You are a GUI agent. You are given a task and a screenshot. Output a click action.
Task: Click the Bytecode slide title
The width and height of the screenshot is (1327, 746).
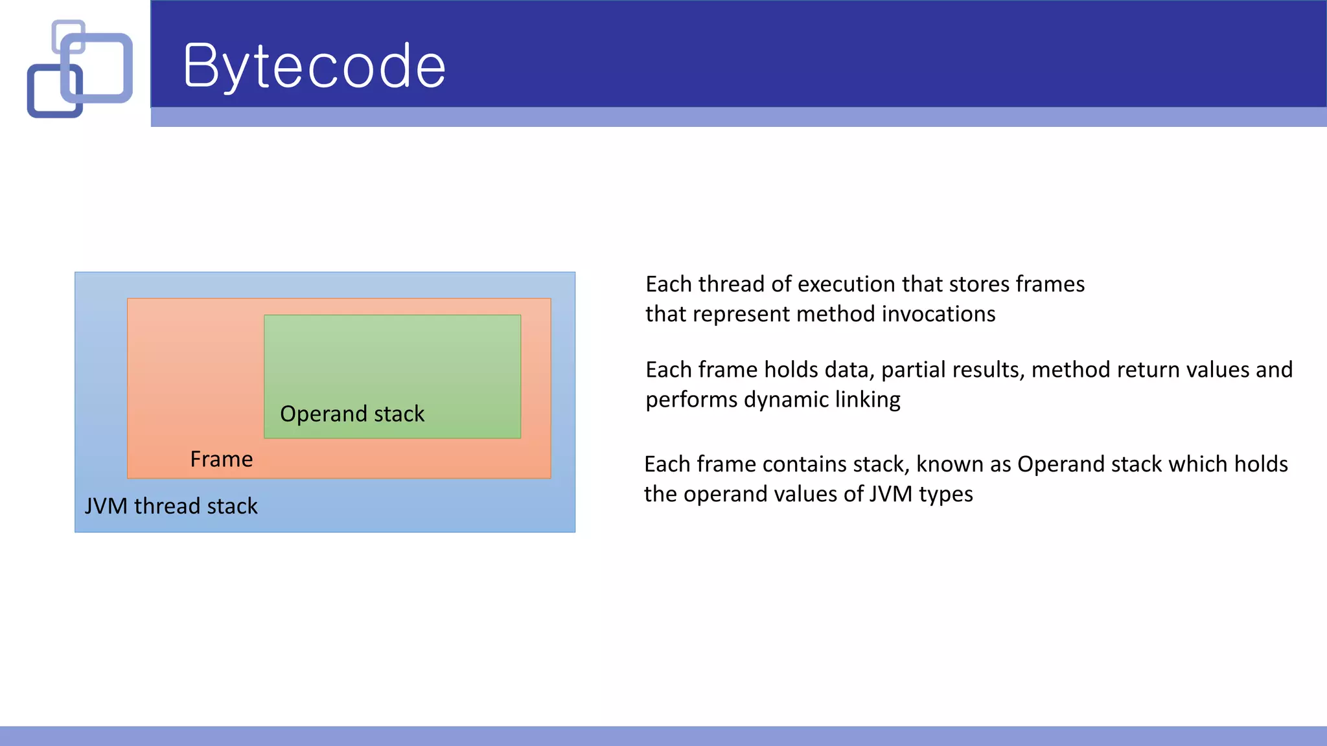(314, 66)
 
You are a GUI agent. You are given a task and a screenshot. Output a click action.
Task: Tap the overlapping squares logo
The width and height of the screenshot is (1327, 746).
(80, 69)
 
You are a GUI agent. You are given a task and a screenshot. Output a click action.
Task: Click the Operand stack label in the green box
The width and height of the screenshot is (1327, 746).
(352, 414)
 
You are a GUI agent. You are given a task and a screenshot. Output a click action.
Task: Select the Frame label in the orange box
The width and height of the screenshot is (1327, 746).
(221, 459)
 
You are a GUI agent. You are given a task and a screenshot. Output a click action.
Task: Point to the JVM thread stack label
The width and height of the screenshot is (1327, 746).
(171, 506)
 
